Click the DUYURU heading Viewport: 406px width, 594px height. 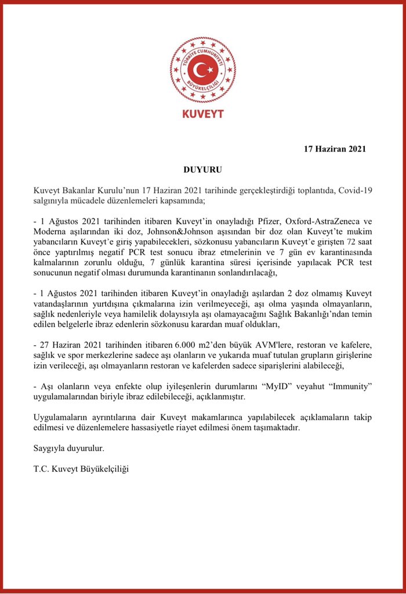202,171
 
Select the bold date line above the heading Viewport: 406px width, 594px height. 335,149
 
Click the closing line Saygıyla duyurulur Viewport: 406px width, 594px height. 69,448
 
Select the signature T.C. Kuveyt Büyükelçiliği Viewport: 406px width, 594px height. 81,469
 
